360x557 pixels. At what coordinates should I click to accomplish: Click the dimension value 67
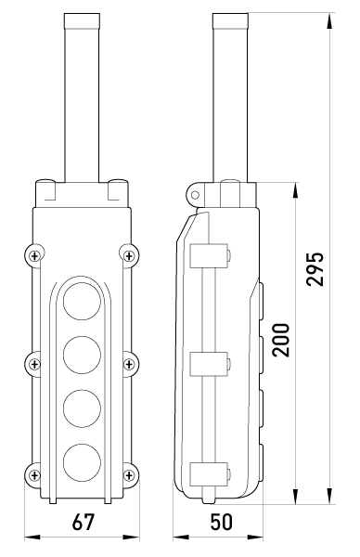84,522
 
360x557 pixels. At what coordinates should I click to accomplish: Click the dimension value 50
222,522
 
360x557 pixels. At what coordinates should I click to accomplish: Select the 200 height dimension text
281,340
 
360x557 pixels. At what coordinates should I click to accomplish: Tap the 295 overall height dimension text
315,269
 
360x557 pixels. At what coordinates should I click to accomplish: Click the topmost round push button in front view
82,301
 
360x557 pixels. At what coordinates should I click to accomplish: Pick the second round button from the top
82,355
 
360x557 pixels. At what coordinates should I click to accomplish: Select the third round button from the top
82,408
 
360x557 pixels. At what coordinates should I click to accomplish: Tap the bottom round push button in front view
82,462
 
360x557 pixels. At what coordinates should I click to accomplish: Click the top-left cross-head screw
34,256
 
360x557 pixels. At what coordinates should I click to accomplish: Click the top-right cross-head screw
129,256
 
